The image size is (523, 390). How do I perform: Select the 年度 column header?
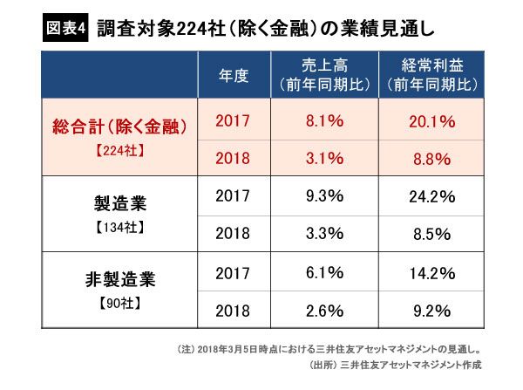tap(234, 76)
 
